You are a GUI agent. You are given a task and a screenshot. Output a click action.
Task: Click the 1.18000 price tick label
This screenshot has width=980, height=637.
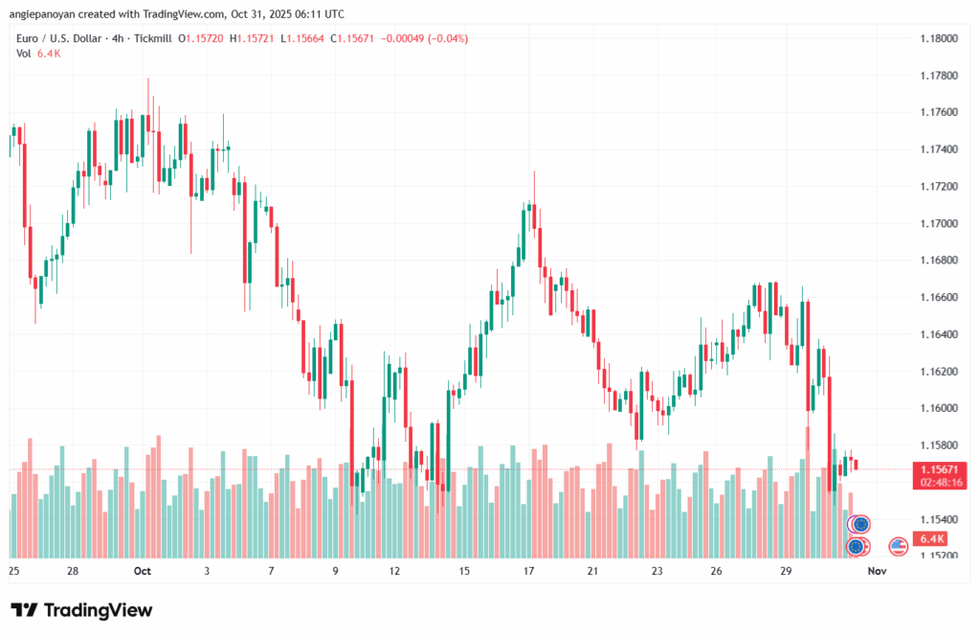pyautogui.click(x=938, y=38)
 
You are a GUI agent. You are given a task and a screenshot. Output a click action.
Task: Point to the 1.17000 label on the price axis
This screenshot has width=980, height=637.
pyautogui.click(x=938, y=223)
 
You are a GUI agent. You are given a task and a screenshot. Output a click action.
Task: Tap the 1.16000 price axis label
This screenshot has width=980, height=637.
pyautogui.click(x=938, y=408)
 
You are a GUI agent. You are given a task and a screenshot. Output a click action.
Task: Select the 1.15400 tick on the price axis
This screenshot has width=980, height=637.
pyautogui.click(x=938, y=519)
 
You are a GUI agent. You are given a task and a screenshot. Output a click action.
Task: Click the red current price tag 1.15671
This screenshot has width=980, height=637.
pyautogui.click(x=938, y=469)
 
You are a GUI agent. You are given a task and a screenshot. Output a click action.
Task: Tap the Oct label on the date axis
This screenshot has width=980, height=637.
pyautogui.click(x=143, y=571)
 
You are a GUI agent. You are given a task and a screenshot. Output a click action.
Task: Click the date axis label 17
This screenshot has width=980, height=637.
pyautogui.click(x=528, y=571)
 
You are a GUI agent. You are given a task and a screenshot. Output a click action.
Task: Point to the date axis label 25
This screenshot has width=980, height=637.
pyautogui.click(x=13, y=571)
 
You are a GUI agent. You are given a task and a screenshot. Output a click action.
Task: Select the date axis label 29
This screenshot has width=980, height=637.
pyautogui.click(x=786, y=571)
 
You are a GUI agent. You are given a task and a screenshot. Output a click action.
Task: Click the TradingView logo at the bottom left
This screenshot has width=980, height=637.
pyautogui.click(x=81, y=610)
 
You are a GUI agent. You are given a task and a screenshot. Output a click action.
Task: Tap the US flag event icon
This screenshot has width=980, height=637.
pyautogui.click(x=898, y=546)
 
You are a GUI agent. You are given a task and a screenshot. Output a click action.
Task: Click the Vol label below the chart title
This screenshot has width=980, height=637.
pyautogui.click(x=24, y=54)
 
